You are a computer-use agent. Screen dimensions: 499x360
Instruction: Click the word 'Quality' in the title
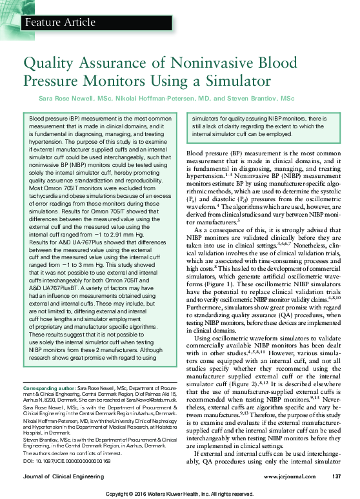[46, 64]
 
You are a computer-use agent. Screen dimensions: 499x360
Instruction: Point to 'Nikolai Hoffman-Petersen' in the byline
[162, 99]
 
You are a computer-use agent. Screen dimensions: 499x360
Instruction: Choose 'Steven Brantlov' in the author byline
[254, 99]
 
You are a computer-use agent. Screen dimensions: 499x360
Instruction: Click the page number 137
[335, 477]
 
